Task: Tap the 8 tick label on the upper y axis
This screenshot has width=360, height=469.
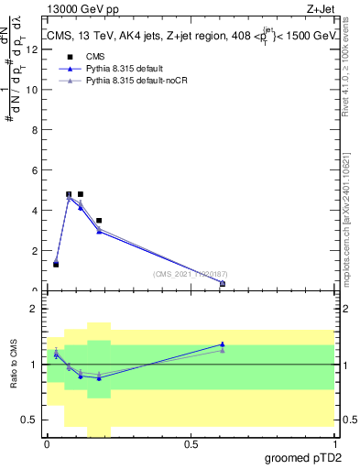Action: [x=34, y=130]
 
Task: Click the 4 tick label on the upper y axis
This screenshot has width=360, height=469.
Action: [x=34, y=211]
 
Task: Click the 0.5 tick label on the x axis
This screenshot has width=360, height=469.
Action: [x=191, y=444]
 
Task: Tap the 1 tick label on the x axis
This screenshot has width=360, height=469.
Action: [x=334, y=444]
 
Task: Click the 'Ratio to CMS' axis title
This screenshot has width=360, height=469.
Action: [x=14, y=365]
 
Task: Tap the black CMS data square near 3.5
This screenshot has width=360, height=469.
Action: [x=99, y=221]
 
